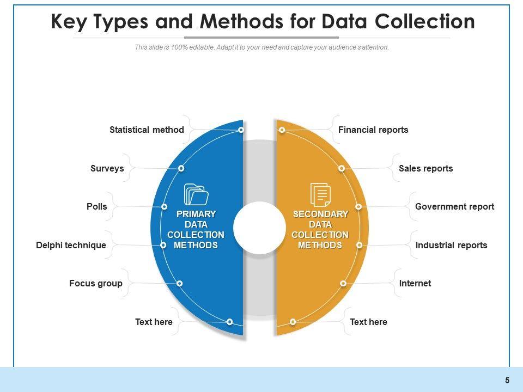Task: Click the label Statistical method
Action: pos(147,130)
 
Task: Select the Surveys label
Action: pos(107,169)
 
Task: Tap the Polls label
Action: pos(97,207)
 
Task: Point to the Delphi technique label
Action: pos(71,245)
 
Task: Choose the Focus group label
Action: pos(96,284)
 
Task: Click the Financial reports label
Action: pos(373,130)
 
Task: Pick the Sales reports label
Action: pos(425,169)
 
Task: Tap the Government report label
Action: pos(454,207)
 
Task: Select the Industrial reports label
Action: pos(451,245)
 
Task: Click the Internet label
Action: pos(415,284)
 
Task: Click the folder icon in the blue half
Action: pos(196,194)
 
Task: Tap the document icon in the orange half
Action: pos(320,194)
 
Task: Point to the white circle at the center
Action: pos(260,228)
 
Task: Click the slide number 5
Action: pos(507,381)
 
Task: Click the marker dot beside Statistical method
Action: pos(241,130)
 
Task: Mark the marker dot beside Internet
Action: pos(343,284)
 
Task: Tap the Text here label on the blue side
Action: pos(154,322)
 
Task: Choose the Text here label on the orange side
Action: pos(368,322)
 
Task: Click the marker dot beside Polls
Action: pos(164,207)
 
